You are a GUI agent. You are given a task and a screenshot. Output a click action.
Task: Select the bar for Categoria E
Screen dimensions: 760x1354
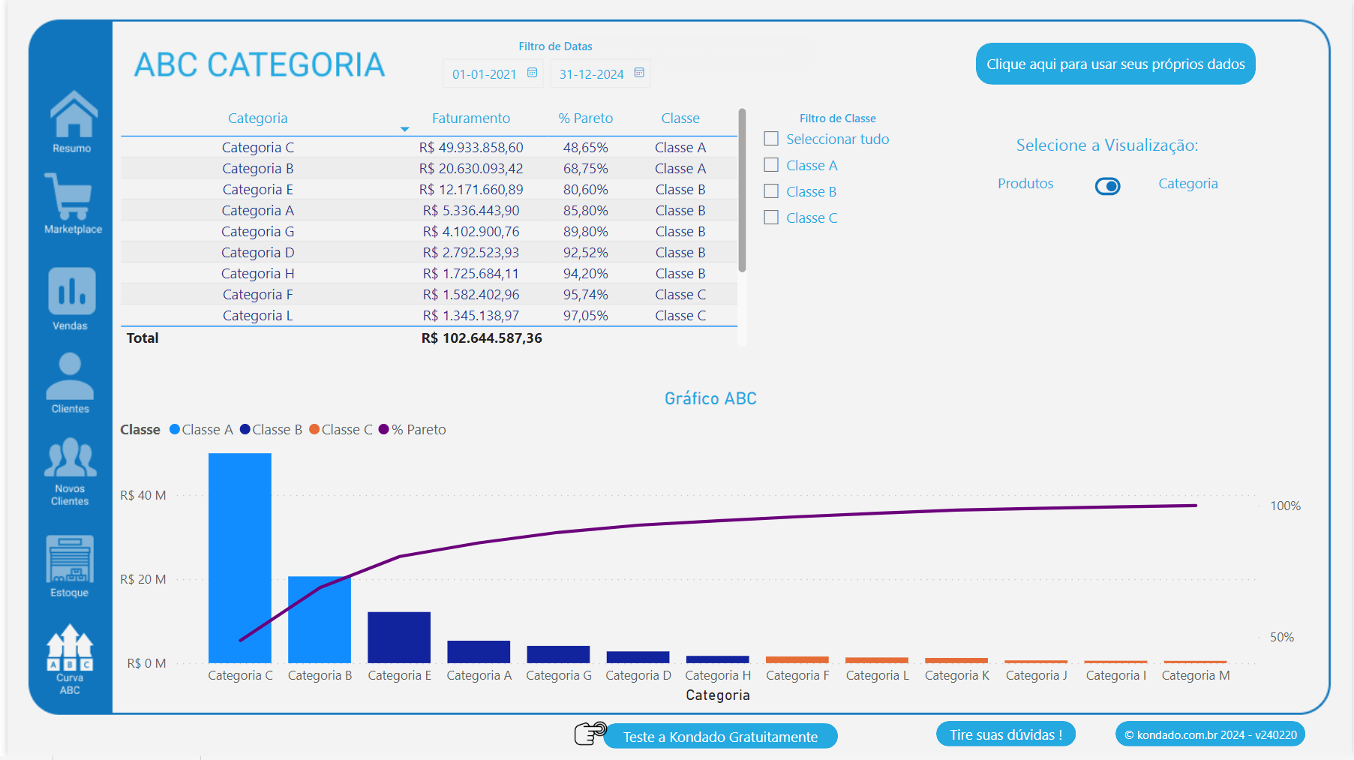coord(398,637)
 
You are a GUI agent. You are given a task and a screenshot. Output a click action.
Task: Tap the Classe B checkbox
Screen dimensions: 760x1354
coord(771,191)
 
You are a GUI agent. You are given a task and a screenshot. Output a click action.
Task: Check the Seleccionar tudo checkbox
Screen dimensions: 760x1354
coord(771,139)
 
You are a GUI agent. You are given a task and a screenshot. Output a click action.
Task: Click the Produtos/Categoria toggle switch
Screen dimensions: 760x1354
coord(1107,186)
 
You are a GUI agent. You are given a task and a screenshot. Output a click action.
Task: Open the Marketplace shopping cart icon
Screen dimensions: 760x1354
coord(70,197)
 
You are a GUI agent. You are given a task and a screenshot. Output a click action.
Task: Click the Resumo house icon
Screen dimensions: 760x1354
coord(74,116)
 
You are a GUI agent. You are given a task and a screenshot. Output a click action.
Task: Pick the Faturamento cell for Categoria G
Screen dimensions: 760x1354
coord(470,232)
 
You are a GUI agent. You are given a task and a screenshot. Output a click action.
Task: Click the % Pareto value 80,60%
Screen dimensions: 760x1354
coord(585,190)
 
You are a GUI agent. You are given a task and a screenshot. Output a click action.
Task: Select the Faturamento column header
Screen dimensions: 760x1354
coord(470,119)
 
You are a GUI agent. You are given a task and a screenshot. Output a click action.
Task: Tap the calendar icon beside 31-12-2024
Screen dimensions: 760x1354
coord(639,73)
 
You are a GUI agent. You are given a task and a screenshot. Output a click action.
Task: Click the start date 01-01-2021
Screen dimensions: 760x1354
coord(484,74)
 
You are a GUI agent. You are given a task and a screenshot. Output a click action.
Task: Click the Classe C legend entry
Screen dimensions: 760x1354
coord(341,430)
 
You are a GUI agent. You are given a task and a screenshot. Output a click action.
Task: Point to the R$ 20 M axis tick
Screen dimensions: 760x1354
coord(143,579)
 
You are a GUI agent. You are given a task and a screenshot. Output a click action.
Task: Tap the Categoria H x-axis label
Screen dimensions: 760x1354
coord(717,675)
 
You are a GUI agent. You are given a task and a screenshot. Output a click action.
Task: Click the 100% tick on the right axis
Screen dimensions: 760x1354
coord(1285,506)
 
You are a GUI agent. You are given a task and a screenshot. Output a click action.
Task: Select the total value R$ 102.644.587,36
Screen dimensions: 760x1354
coord(481,338)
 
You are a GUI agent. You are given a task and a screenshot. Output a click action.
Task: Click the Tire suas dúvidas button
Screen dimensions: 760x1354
coord(1005,734)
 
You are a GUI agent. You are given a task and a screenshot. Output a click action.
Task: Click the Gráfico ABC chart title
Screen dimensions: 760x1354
coord(710,398)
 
